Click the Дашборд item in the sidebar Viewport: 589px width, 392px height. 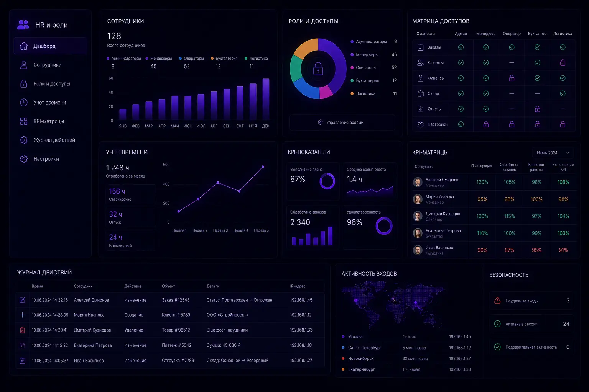pos(50,46)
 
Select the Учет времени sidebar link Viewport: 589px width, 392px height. pos(49,102)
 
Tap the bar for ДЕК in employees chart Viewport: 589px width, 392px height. pos(266,99)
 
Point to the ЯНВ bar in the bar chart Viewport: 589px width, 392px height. pos(123,114)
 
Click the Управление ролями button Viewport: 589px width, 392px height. pos(342,122)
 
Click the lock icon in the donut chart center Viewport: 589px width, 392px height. pos(318,69)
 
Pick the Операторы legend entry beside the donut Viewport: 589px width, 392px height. pos(366,67)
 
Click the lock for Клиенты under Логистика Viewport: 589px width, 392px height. pos(563,62)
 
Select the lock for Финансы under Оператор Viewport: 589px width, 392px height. pos(512,78)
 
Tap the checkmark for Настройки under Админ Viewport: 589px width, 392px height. pos(461,124)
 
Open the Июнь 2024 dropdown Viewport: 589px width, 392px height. pos(553,153)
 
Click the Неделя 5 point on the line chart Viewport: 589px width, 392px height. pos(263,167)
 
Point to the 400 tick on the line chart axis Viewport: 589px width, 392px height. pos(166,184)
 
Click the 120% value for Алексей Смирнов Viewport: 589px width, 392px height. pos(482,182)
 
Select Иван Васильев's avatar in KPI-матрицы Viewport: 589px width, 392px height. pos(418,250)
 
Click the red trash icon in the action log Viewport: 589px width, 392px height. pos(22,330)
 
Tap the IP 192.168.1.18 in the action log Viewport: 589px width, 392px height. pos(301,345)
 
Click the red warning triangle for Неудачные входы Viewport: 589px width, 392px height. pos(497,301)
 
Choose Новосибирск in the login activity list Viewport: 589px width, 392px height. pos(360,358)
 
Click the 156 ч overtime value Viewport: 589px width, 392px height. pos(117,191)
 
